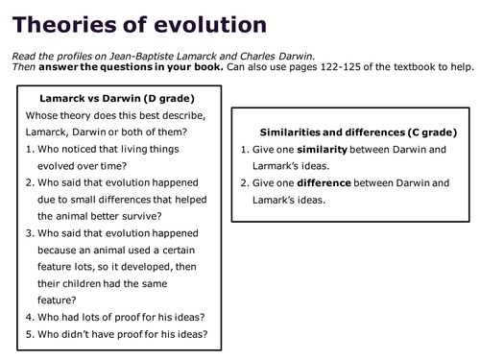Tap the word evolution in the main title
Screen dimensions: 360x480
click(x=213, y=22)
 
